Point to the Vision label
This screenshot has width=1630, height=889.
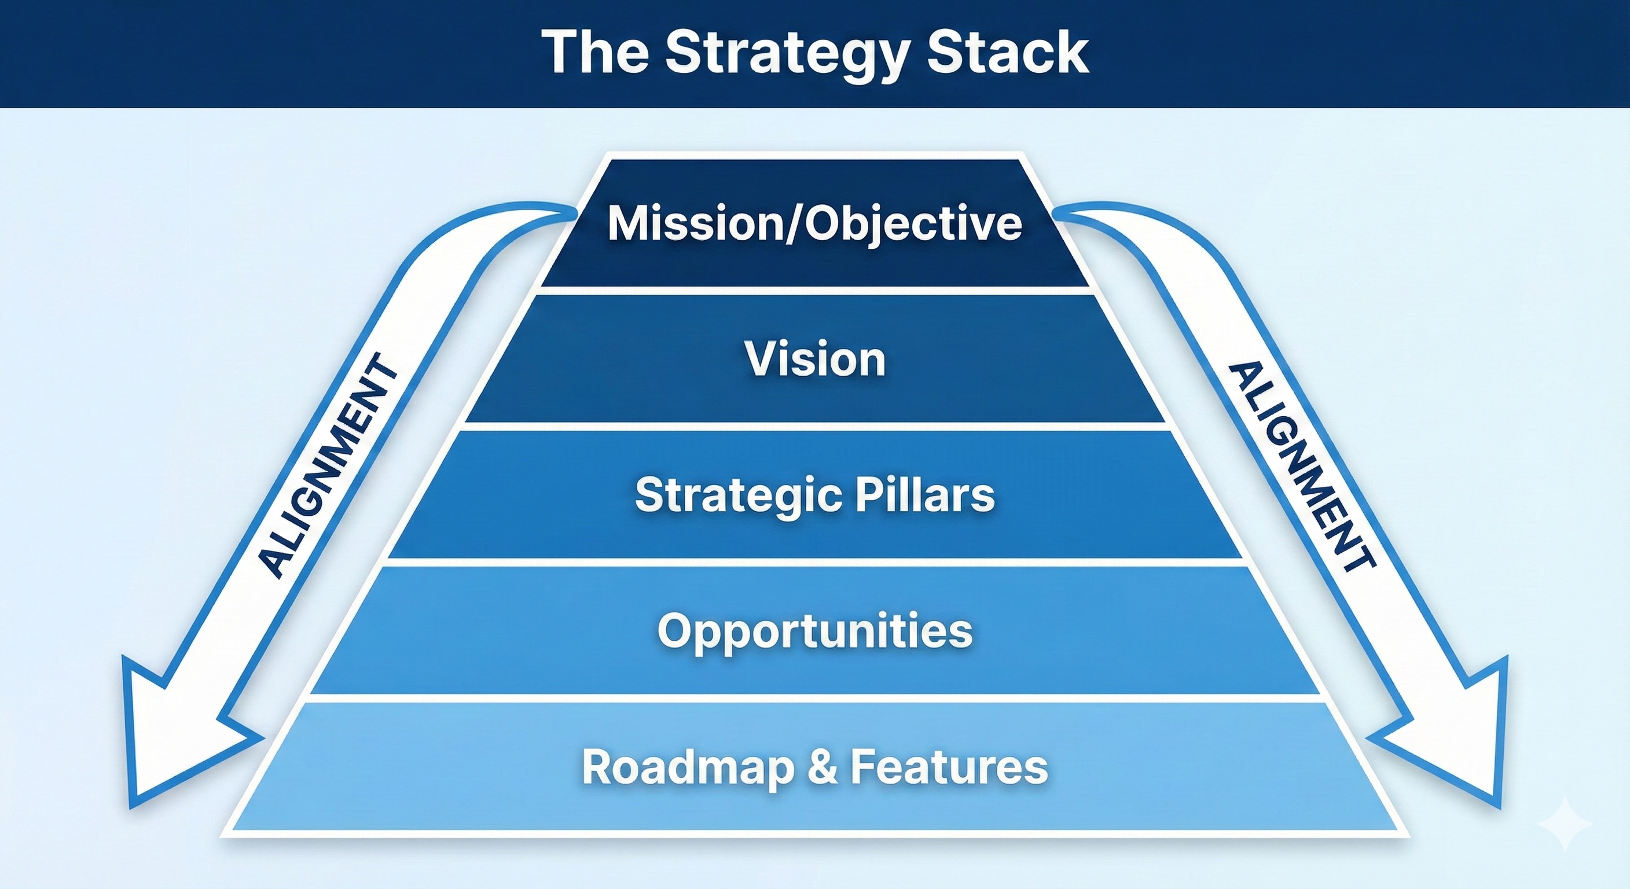(814, 359)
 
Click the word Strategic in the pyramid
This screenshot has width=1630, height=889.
(738, 495)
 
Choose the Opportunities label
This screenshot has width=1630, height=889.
(814, 631)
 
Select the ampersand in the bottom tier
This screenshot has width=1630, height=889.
(822, 767)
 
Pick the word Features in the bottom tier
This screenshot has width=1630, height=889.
(949, 767)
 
